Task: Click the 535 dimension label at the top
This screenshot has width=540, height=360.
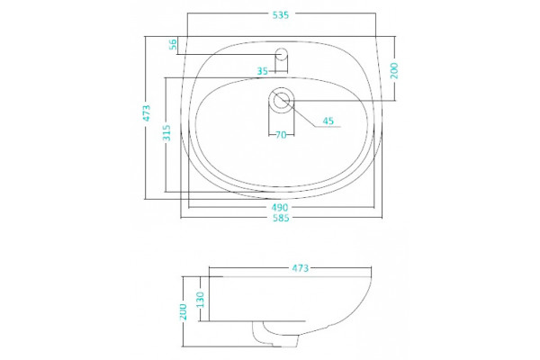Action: click(x=281, y=15)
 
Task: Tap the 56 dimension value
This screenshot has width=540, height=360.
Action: click(x=173, y=44)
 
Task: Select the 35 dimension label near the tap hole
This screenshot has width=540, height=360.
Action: click(x=263, y=71)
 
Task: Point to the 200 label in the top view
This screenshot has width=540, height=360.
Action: click(x=394, y=70)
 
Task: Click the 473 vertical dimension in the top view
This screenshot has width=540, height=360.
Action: click(x=147, y=113)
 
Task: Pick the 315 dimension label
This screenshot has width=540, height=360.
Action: click(x=166, y=132)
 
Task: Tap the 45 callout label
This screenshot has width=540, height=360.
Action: click(x=328, y=121)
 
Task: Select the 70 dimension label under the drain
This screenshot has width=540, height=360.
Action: click(x=281, y=135)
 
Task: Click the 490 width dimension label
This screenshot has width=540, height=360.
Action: click(x=280, y=208)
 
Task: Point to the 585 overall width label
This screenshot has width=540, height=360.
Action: click(x=281, y=218)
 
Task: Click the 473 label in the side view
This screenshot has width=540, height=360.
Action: click(x=301, y=267)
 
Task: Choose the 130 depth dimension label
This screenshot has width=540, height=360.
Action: click(x=200, y=300)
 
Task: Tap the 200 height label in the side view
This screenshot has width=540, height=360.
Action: click(x=184, y=311)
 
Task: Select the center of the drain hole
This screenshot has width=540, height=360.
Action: click(x=282, y=100)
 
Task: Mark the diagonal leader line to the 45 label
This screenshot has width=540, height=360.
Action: click(x=299, y=113)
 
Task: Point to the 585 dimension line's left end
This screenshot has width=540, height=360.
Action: click(x=181, y=218)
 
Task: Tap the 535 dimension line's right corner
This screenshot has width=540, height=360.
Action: click(x=375, y=13)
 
